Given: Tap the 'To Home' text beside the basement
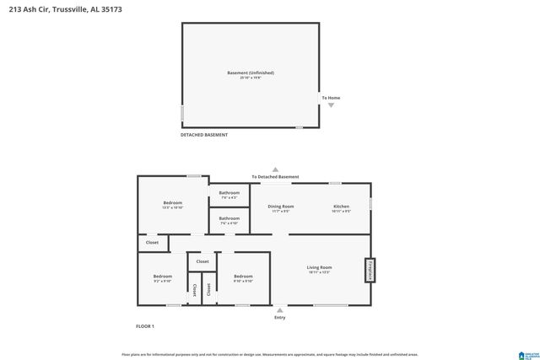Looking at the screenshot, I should [x=331, y=98].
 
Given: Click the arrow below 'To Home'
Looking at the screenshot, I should [x=331, y=105].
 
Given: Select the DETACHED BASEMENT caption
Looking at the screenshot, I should [x=204, y=135].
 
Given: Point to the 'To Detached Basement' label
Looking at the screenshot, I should [x=275, y=176].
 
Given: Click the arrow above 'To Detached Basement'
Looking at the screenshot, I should [x=274, y=169].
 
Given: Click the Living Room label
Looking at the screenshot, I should [x=319, y=270].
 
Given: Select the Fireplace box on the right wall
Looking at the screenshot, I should [x=369, y=271].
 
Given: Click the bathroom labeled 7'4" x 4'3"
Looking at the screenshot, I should [x=229, y=195].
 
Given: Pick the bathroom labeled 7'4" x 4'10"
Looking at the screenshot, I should [x=229, y=220].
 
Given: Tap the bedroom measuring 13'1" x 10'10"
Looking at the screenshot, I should [x=172, y=205].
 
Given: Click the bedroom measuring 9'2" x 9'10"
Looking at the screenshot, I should [x=162, y=279].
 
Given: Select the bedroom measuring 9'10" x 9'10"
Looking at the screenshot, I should [x=243, y=279].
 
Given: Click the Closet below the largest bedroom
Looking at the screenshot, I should [x=152, y=243].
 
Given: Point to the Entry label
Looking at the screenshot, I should [x=280, y=317].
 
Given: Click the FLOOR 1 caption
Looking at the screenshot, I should [x=145, y=325].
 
